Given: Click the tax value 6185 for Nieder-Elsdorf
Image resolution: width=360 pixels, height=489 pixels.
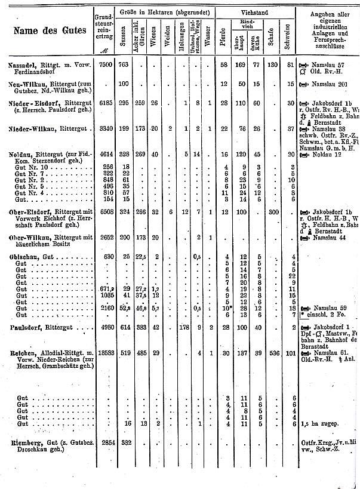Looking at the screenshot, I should click(103, 103).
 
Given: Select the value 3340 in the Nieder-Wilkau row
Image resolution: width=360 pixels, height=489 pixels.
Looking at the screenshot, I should click(103, 128).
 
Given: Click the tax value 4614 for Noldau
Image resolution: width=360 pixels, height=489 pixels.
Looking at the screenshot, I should click(103, 154).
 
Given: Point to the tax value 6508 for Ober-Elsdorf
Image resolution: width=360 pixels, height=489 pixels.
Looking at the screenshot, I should click(103, 211).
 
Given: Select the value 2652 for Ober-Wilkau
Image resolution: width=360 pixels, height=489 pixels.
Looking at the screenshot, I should click(103, 237).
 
